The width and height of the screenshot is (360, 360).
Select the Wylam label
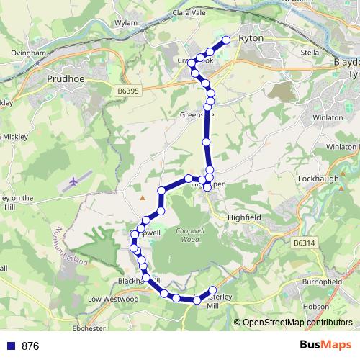pos(125,23)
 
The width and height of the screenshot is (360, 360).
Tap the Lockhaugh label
pos(315,177)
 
